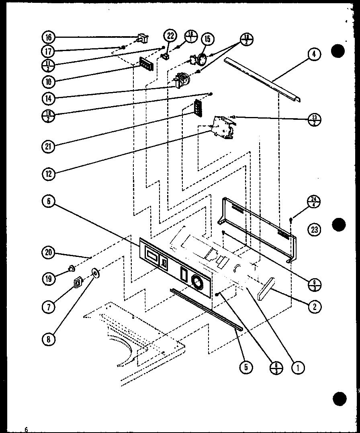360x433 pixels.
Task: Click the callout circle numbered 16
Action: tap(49, 37)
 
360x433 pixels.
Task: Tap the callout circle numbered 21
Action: tap(49, 146)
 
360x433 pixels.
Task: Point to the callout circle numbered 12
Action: tap(49, 174)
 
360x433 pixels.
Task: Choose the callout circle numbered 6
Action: tap(49, 201)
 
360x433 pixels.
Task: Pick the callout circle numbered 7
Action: tap(49, 307)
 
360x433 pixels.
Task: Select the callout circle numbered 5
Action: tap(246, 366)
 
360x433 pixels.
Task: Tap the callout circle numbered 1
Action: tap(298, 366)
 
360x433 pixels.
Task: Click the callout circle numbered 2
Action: tap(314, 307)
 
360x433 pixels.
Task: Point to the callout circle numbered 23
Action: tap(314, 230)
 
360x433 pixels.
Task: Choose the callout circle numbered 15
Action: tap(207, 39)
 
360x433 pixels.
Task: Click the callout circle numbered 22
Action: tap(170, 36)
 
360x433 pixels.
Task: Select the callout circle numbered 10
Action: tap(49, 82)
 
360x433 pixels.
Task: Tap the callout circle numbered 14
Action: tap(49, 97)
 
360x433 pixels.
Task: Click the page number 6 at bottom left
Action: tap(26, 429)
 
